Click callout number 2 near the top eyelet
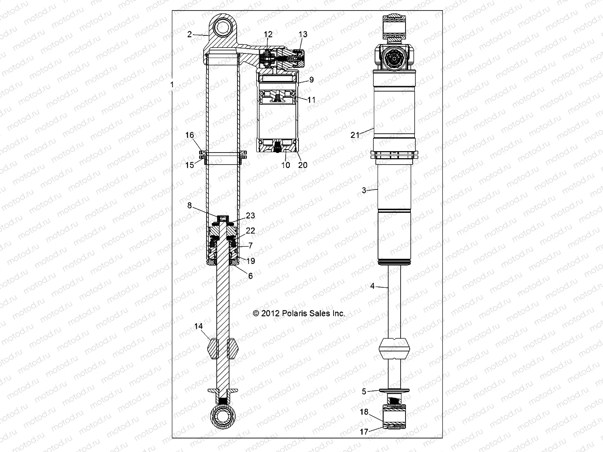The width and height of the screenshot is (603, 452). tap(190, 34)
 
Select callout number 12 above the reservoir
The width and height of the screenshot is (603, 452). tap(268, 34)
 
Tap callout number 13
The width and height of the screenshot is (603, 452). tap(303, 34)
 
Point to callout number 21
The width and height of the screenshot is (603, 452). tap(355, 135)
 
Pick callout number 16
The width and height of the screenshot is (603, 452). tap(190, 145)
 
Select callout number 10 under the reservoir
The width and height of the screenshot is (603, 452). tap(286, 165)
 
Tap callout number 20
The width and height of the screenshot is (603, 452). tap(303, 165)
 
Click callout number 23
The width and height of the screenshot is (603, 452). tap(250, 215)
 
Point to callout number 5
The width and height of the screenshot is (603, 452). tap(364, 392)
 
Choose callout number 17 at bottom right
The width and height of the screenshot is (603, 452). tap(364, 432)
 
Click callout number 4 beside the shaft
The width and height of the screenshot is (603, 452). tap(372, 286)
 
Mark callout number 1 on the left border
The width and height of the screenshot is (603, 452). tap(172, 85)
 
